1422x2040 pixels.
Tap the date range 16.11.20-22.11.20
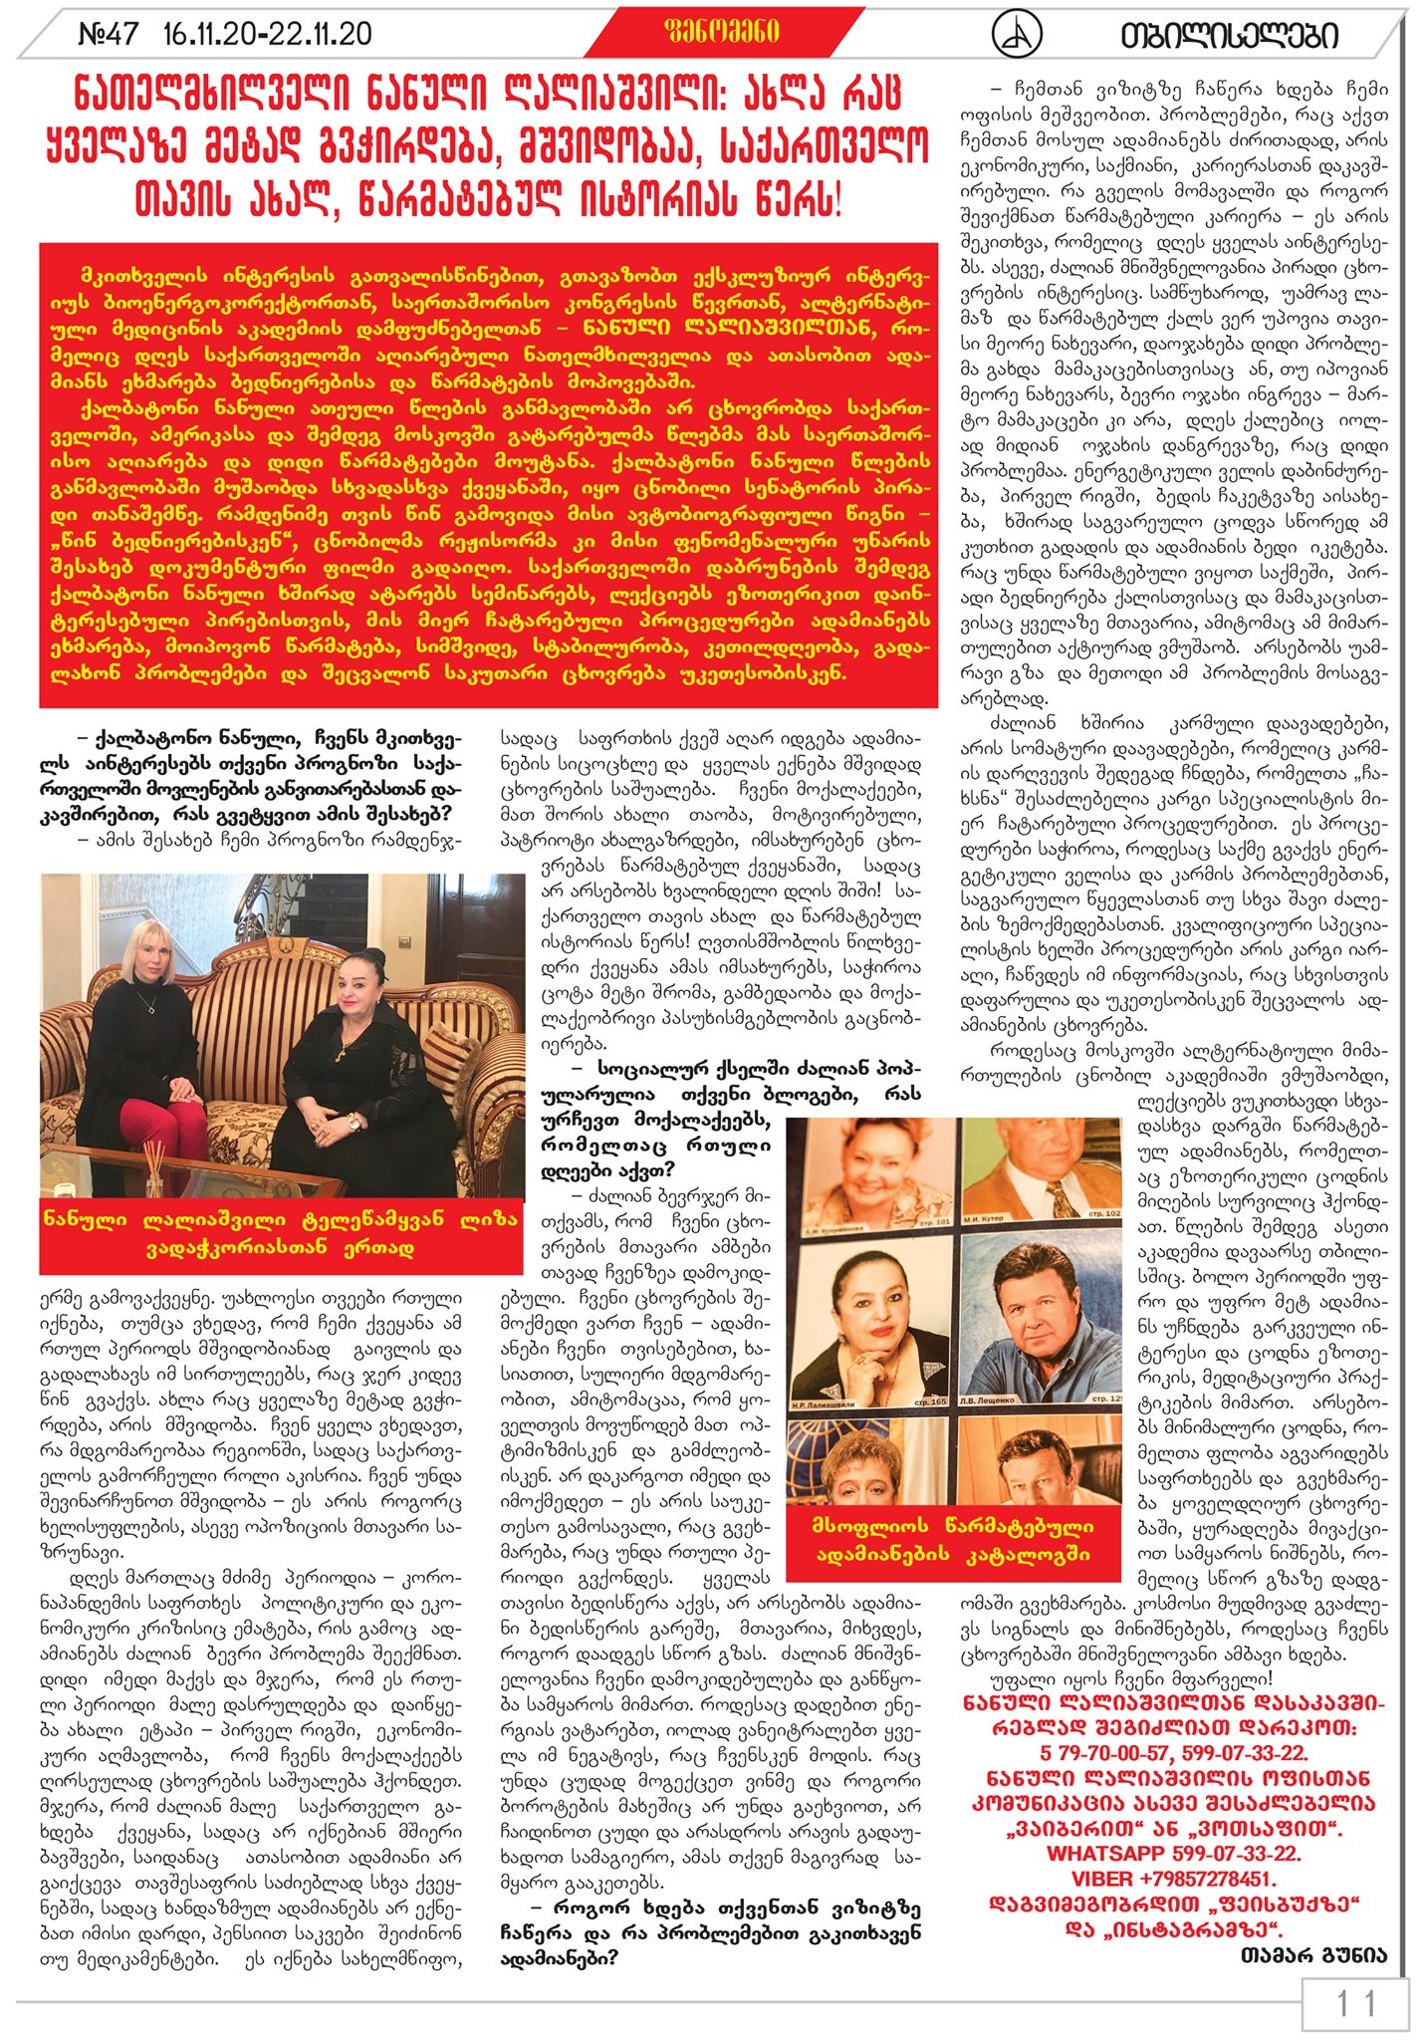click(268, 35)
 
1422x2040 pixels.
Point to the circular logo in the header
click(1017, 35)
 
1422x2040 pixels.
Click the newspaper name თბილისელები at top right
click(1229, 36)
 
